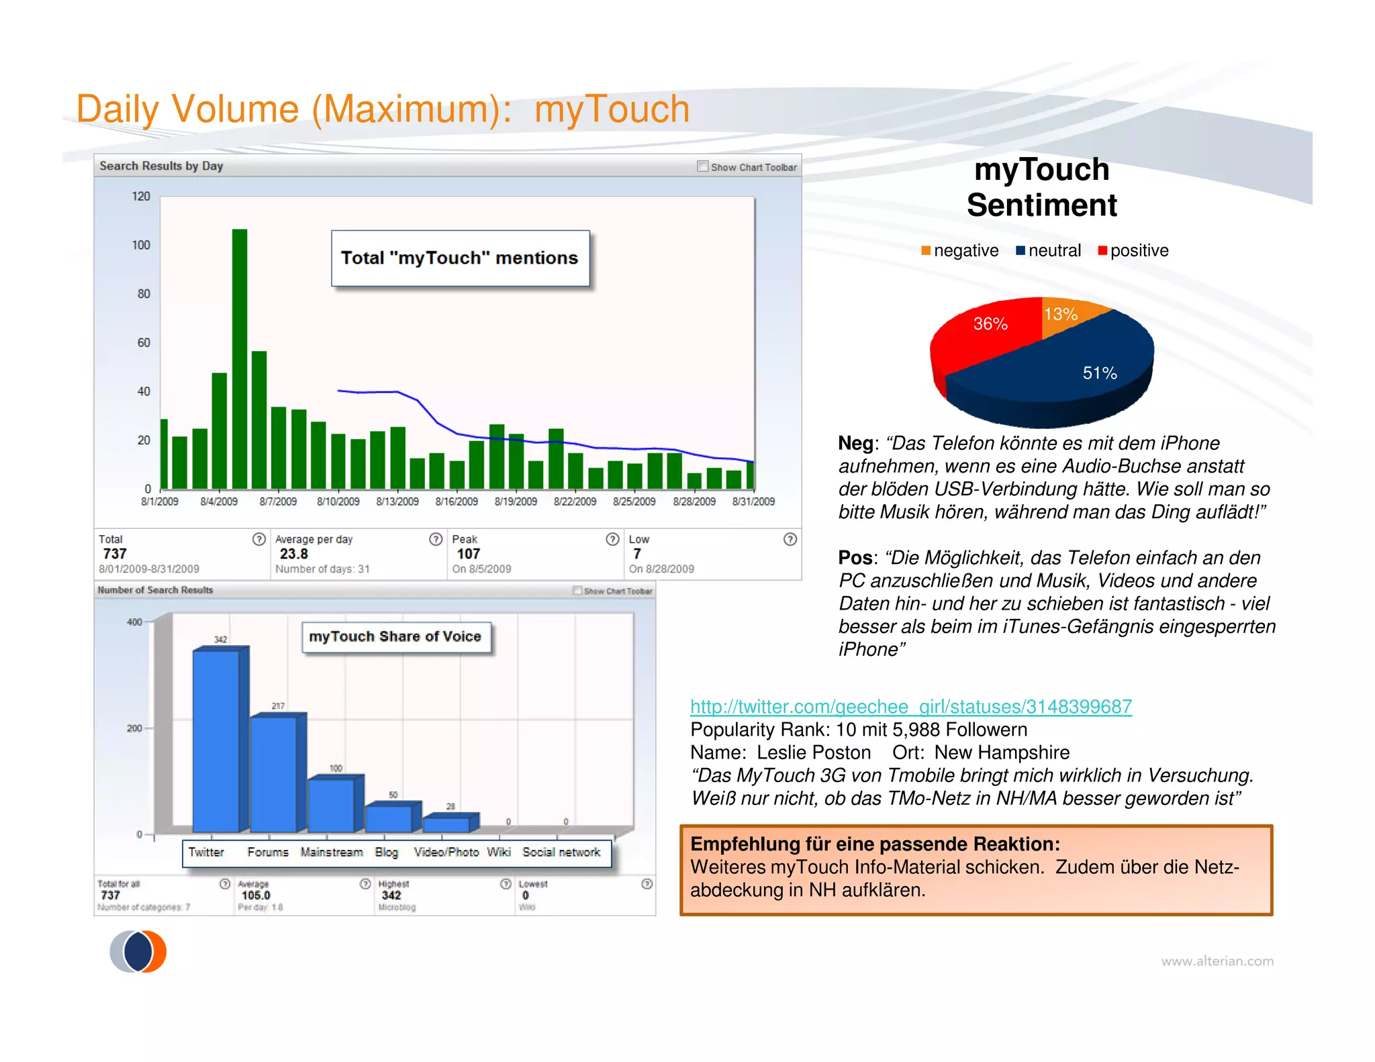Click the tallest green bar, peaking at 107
pyautogui.click(x=240, y=359)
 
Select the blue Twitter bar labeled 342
pyautogui.click(x=216, y=741)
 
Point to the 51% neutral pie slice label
pyautogui.click(x=1099, y=373)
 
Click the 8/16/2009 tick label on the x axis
pyautogui.click(x=457, y=502)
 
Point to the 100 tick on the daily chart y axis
pyautogui.click(x=141, y=245)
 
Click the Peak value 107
pyautogui.click(x=468, y=554)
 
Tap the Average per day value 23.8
pyautogui.click(x=293, y=554)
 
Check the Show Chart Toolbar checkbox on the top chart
pyautogui.click(x=702, y=166)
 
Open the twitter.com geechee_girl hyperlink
pyautogui.click(x=910, y=707)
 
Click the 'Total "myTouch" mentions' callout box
pyautogui.click(x=460, y=258)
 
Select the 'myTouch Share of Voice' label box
pyautogui.click(x=395, y=637)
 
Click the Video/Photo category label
pyautogui.click(x=446, y=853)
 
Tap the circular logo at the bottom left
pyautogui.click(x=138, y=951)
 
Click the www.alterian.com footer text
pyautogui.click(x=1217, y=961)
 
